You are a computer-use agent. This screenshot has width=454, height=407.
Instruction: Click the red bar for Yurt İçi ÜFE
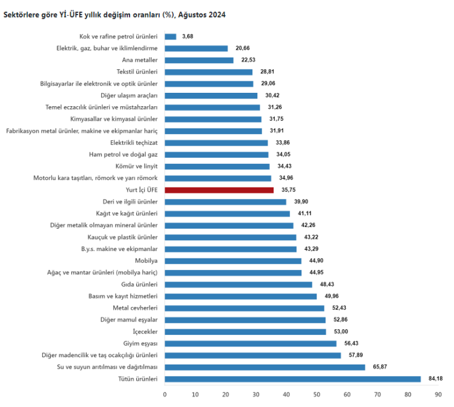[219, 190]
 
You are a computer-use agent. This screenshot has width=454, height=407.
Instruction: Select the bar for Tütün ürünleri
[292, 379]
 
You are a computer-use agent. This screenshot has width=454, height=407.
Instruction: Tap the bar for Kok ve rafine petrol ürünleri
[170, 36]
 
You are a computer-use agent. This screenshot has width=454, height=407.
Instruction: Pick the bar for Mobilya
[233, 261]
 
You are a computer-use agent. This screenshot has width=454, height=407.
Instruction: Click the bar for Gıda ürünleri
[239, 284]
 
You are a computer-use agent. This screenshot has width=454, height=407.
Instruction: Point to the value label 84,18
[435, 379]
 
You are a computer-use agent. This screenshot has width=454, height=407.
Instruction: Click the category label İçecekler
[145, 332]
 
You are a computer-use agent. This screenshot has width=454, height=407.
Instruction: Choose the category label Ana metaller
[140, 60]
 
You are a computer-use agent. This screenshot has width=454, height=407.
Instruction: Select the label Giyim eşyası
[140, 343]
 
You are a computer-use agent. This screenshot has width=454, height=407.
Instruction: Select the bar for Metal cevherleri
[245, 308]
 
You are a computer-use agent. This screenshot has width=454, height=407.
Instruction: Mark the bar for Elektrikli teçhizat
[216, 143]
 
